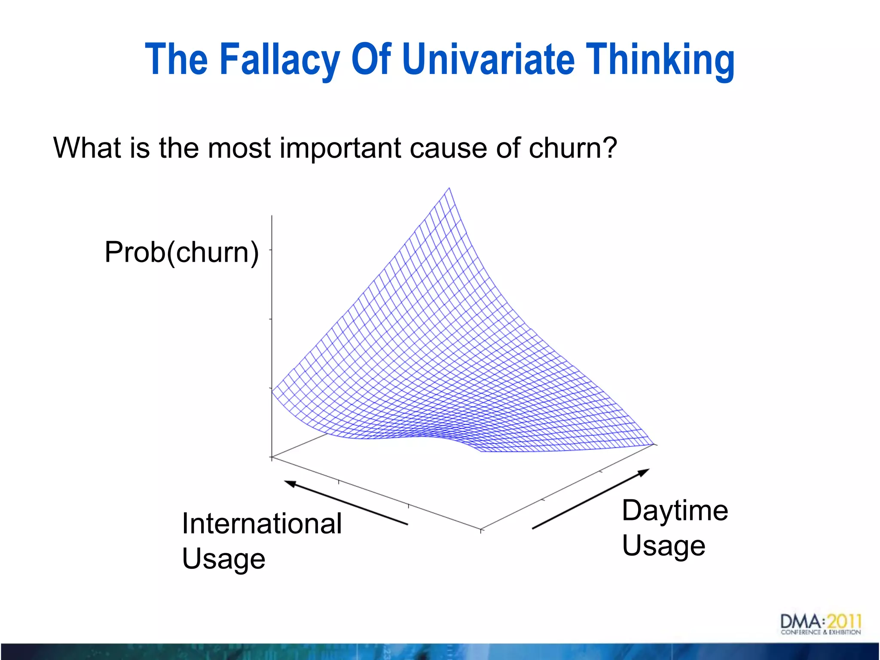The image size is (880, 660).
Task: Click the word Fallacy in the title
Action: coord(280,60)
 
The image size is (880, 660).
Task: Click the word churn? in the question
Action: coord(573,148)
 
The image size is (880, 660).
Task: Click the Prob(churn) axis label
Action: coord(182,252)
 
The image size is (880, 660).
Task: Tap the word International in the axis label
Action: coord(262,524)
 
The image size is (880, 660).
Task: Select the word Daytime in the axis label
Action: coord(675,511)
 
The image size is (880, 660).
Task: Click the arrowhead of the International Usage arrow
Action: coord(290,483)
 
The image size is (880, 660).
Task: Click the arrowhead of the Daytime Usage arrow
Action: coord(644,472)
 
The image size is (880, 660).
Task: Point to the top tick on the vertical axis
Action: coord(271,250)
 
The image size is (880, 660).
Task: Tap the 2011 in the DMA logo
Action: coord(844,621)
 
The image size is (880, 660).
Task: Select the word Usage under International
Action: coord(223,559)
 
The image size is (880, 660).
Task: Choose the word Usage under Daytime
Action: coord(663,546)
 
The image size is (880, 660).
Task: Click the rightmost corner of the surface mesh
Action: coord(654,444)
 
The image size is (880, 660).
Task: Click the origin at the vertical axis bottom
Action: coord(272,457)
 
